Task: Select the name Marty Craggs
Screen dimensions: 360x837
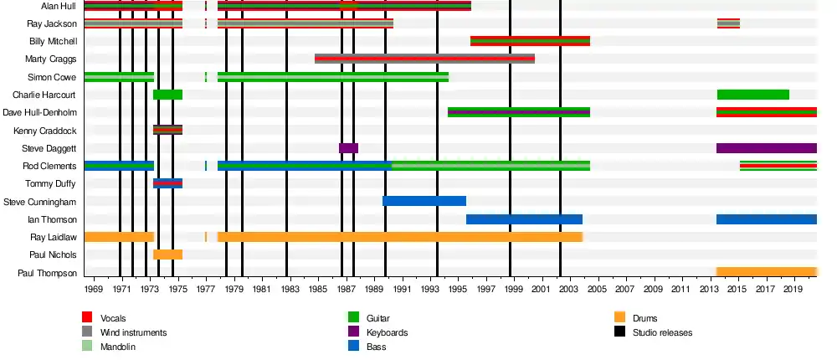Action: [x=52, y=59]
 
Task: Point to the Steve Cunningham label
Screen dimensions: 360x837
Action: [x=40, y=202]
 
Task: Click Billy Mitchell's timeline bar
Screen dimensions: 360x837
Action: [x=530, y=41]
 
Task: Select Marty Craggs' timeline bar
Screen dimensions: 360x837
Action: [x=424, y=59]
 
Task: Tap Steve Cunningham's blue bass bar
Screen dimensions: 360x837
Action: [x=424, y=201]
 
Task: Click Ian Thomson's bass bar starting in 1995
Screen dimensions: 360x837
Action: [x=524, y=219]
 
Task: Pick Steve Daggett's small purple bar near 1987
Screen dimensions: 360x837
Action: [x=348, y=148]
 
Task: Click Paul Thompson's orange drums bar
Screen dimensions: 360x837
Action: [x=766, y=272]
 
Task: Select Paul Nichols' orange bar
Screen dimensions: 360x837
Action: [x=167, y=255]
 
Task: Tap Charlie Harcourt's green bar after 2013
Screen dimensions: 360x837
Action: [x=752, y=95]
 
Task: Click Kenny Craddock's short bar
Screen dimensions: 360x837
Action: [x=167, y=130]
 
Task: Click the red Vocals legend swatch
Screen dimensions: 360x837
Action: [x=87, y=318]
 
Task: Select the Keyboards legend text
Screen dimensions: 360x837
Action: [x=387, y=332]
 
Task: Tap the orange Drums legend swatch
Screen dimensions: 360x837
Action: [x=620, y=318]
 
